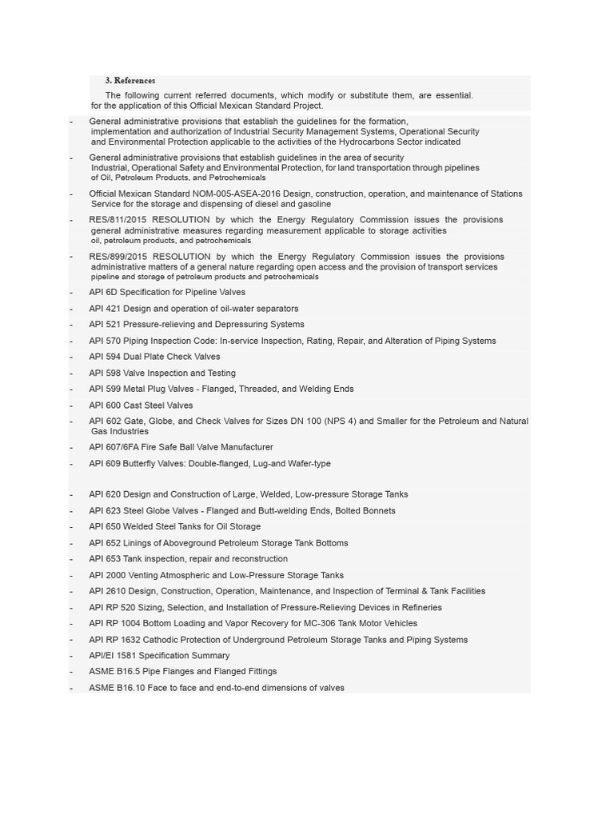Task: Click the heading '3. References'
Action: [130, 81]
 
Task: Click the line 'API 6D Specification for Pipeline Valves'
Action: [167, 293]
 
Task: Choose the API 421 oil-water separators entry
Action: [193, 309]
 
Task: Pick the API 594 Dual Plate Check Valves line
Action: [154, 357]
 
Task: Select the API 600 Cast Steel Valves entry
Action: [141, 406]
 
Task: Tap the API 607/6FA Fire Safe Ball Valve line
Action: [181, 447]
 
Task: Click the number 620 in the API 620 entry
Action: [113, 495]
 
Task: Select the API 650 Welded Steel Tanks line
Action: [174, 527]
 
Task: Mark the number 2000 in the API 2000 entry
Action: [115, 575]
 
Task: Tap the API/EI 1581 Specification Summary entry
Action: [159, 656]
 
